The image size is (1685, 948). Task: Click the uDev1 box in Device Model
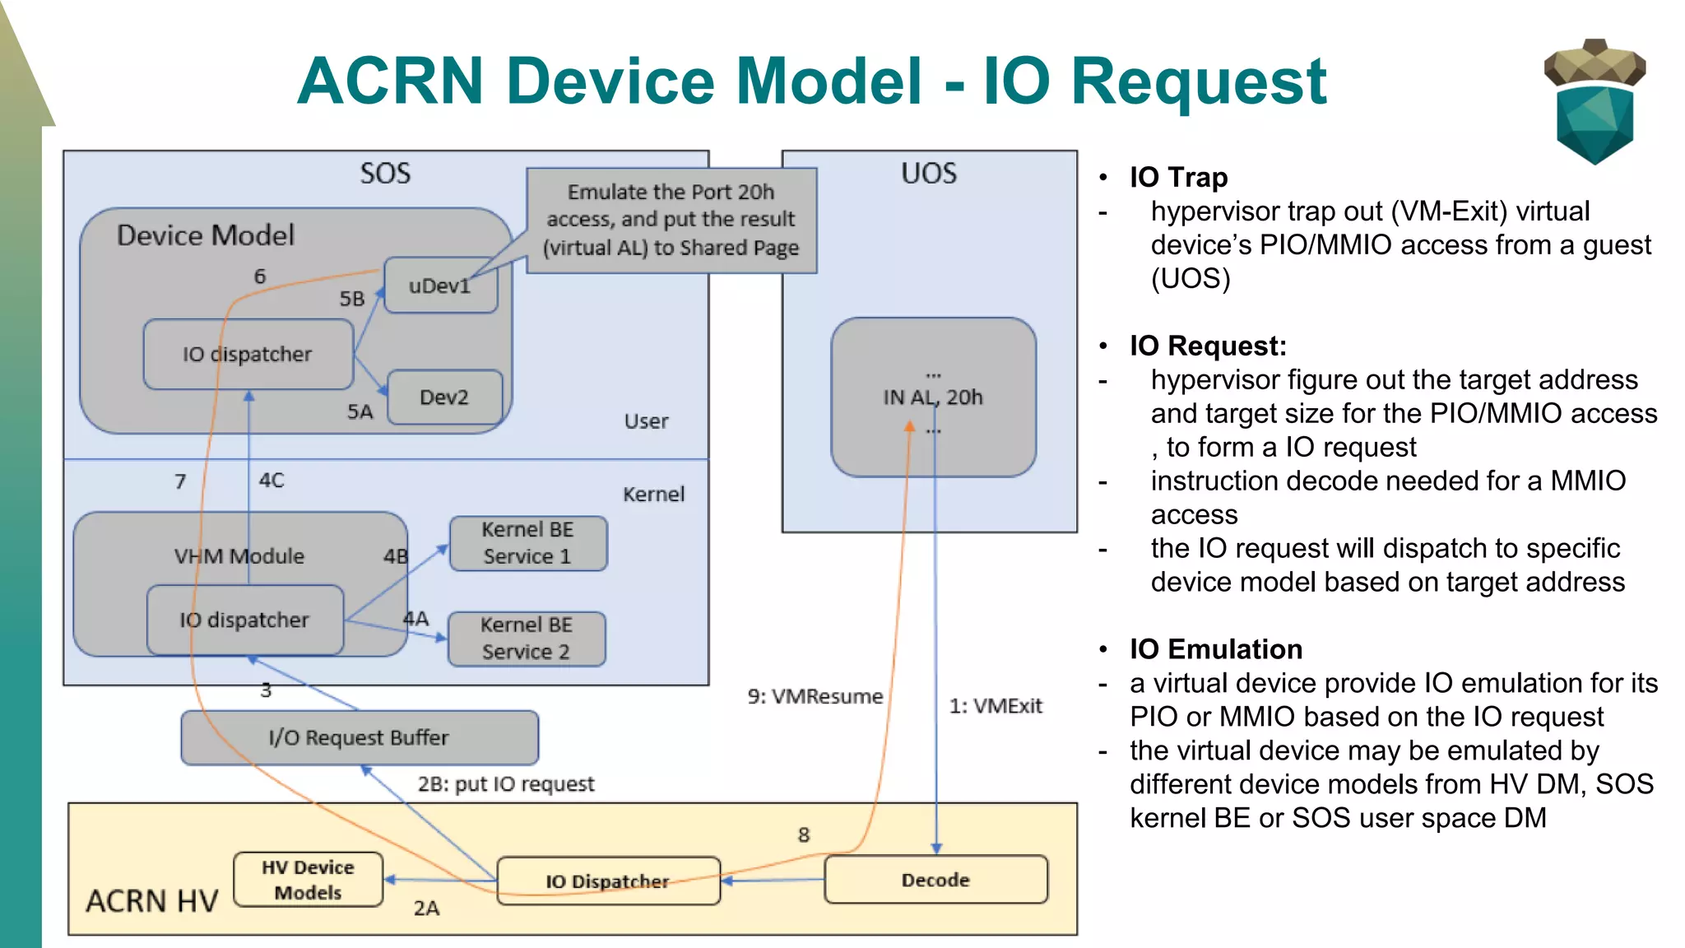coord(440,286)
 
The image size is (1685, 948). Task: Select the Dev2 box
coord(444,397)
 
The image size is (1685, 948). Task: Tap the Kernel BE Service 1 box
coord(527,543)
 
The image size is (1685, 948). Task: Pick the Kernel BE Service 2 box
coord(527,639)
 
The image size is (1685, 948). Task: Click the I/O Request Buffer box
coord(360,737)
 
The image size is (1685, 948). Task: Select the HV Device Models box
coord(308,880)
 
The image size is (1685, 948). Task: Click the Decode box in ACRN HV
coord(935,880)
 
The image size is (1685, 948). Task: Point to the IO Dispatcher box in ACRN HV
coord(608,881)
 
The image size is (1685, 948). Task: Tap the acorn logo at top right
coord(1594,101)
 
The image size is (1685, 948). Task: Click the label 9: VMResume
coord(815,696)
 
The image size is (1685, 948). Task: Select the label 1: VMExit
coord(996,706)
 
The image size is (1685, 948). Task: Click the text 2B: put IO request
coord(505,783)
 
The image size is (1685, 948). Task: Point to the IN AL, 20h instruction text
coord(933,397)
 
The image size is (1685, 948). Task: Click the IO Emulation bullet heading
coord(1215,649)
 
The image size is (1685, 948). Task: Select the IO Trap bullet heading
coord(1178,177)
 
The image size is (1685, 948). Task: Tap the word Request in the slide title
coord(1198,81)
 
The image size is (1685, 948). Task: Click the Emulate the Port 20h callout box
coord(671,220)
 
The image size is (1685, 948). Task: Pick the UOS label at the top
coord(929,174)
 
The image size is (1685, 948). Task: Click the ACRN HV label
coord(152,901)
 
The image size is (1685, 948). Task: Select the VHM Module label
coord(239,556)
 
